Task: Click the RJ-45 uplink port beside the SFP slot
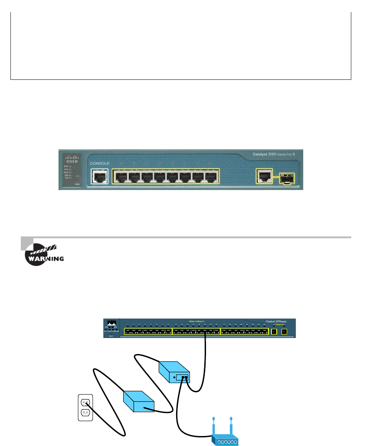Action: coord(264,175)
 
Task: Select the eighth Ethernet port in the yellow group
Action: coord(211,177)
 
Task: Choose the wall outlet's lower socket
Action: coord(86,412)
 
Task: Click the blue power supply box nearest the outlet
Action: coord(138,402)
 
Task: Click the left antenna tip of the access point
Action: coord(213,419)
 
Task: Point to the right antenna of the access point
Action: coord(232,425)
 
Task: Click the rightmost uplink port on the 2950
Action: coord(285,332)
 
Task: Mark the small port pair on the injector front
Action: coord(184,378)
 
